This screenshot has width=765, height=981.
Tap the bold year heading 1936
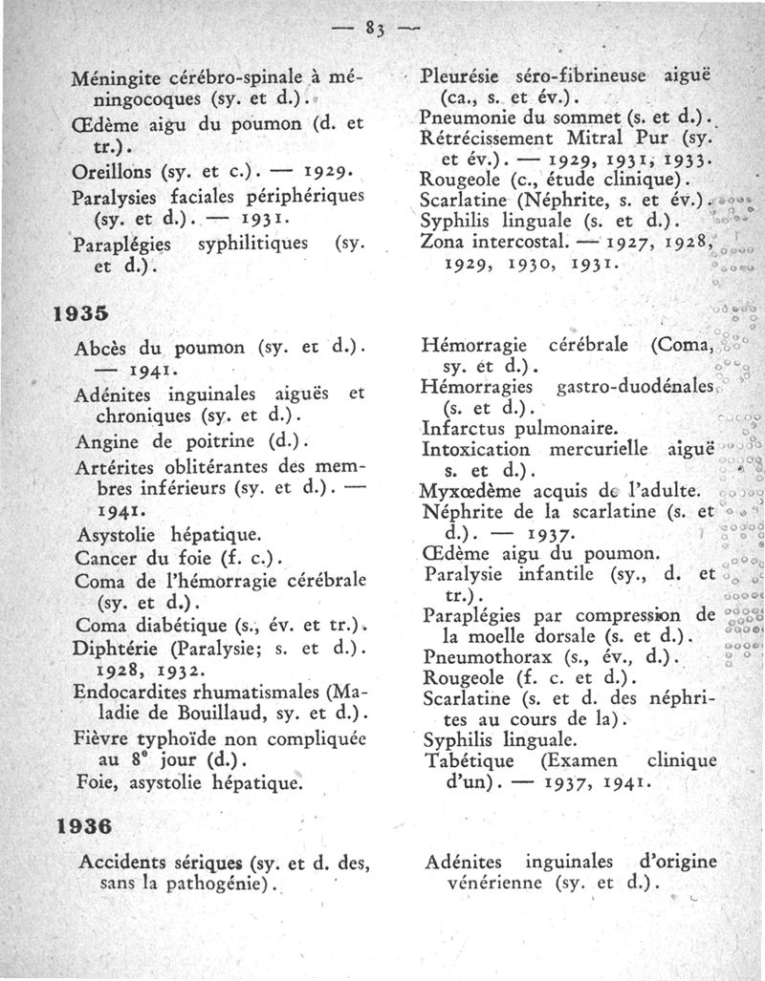tap(79, 823)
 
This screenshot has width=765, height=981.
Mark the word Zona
tap(442, 240)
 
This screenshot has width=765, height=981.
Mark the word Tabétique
tap(469, 760)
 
